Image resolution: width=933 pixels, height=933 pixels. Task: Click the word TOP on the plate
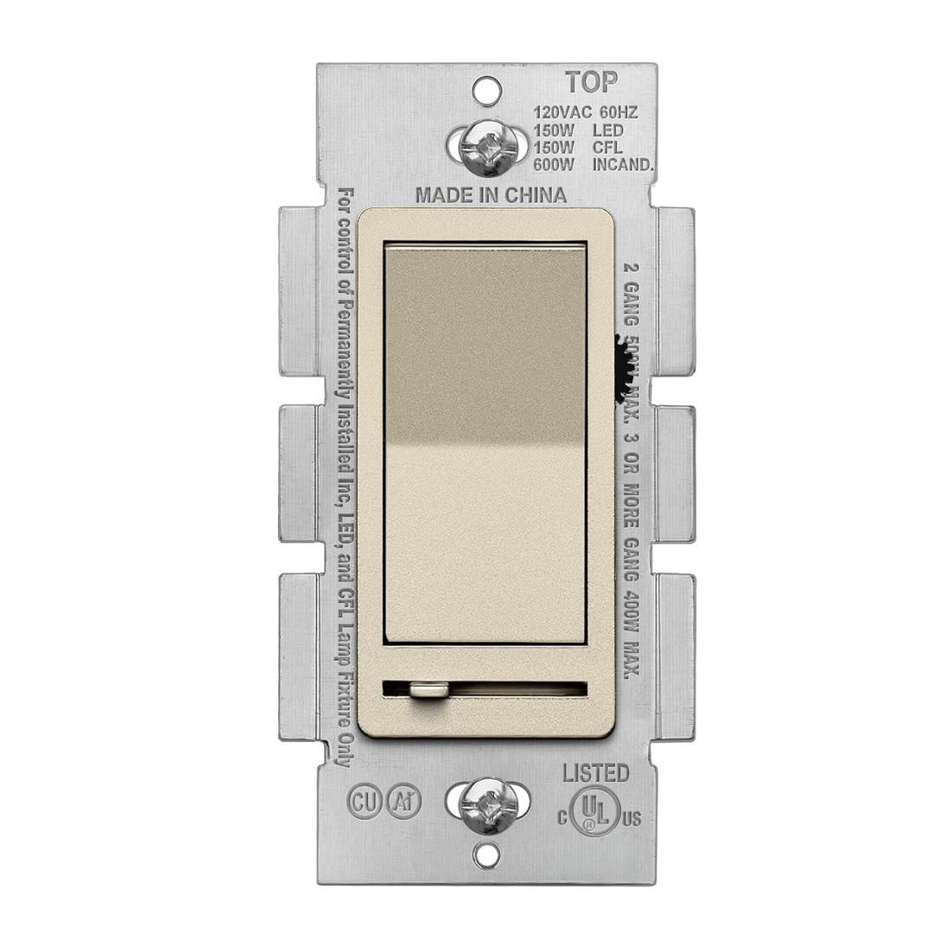592,83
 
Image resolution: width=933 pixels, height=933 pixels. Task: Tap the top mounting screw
487,146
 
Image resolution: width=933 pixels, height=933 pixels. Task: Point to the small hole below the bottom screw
488,855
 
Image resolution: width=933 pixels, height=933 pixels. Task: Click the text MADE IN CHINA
491,195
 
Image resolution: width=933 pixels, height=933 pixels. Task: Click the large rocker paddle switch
486,445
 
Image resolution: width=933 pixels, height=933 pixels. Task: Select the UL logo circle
594,810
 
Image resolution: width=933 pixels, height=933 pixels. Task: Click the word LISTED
596,773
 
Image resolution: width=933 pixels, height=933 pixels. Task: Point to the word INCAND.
623,165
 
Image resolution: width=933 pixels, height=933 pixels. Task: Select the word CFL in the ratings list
607,148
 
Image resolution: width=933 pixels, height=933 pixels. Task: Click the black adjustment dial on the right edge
621,367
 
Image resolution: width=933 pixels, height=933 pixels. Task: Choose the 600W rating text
551,165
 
